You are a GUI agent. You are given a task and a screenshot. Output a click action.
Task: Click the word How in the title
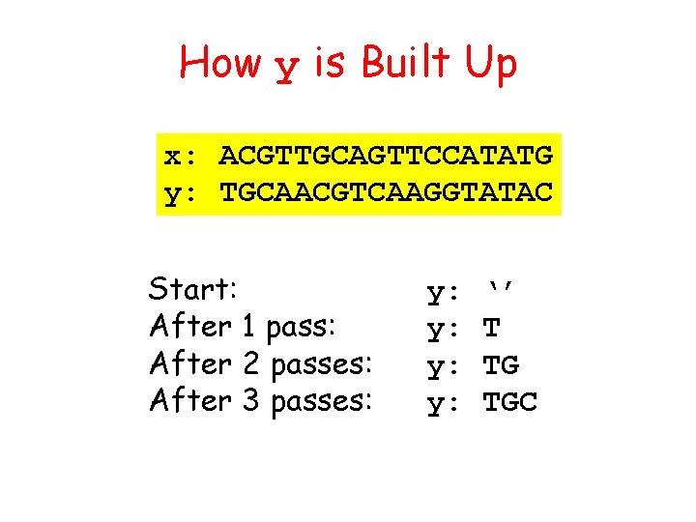pyautogui.click(x=220, y=64)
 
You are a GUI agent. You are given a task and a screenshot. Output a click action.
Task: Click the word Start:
pyautogui.click(x=194, y=289)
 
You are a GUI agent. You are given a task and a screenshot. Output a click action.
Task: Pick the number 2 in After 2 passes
pyautogui.click(x=250, y=363)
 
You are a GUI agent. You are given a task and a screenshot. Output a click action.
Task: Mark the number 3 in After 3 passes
pyautogui.click(x=250, y=400)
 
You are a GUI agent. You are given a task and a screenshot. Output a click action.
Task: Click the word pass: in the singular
pyautogui.click(x=299, y=329)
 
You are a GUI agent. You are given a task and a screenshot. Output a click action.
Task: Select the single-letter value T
pyautogui.click(x=491, y=329)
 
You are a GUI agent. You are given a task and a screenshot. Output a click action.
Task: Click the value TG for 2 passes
pyautogui.click(x=501, y=365)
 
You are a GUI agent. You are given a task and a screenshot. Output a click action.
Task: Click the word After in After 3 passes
pyautogui.click(x=190, y=400)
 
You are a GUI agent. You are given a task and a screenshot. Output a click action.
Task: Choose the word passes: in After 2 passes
pyautogui.click(x=322, y=365)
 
